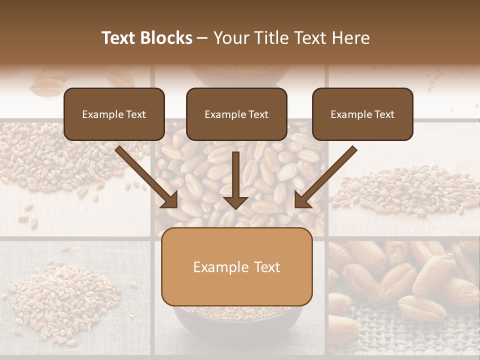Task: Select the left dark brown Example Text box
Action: coord(114,114)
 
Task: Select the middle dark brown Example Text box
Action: coord(236,114)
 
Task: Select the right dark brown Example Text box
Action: coord(362,114)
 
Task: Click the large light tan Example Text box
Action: coord(236,267)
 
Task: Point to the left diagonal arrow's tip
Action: coord(176,206)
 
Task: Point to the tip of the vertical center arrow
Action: coord(235,208)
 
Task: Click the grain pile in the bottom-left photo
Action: coord(65,295)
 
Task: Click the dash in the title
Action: coord(202,38)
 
